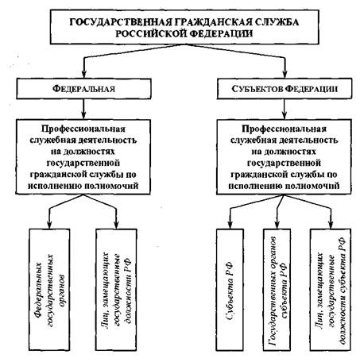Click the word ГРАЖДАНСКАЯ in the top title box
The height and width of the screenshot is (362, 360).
coord(199,22)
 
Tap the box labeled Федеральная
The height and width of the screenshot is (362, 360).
coord(83,89)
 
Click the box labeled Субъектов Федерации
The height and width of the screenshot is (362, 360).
coord(285,89)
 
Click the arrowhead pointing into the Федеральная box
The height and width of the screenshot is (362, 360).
coord(83,74)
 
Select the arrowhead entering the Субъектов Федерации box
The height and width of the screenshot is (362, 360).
coord(285,74)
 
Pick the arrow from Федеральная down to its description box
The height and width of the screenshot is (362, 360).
coord(83,110)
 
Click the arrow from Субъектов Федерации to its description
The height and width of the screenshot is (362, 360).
coord(285,110)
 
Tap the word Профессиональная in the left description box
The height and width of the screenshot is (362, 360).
coord(83,129)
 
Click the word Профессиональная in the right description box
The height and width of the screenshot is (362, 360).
coord(284,129)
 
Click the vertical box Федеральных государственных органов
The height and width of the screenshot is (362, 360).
coord(49,290)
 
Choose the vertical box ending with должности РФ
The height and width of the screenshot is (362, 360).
coord(116,290)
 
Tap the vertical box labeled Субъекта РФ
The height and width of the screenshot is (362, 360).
coord(230,290)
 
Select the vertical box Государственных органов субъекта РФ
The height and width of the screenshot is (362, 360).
coord(277,290)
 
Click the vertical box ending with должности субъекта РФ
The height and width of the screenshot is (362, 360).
coord(331,290)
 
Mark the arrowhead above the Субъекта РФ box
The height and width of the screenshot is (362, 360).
coord(230,225)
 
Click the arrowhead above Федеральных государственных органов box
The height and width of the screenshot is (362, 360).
coord(49,225)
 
